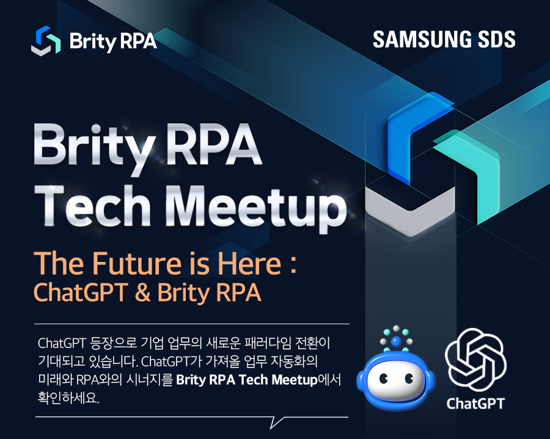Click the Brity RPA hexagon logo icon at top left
coord(46,41)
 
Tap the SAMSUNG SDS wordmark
coord(444,39)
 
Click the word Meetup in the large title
coord(255,208)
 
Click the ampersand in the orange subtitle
coord(142,292)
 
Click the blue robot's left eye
coord(383,379)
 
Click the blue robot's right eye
coord(409,379)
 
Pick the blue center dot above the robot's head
coord(395,341)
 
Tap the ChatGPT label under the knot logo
coord(475,404)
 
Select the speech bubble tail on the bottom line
coord(276,422)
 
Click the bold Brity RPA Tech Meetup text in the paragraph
coord(247,380)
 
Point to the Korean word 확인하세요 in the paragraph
coord(68,398)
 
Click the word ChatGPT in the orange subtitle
coord(80,292)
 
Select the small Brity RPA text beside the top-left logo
coord(113,42)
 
